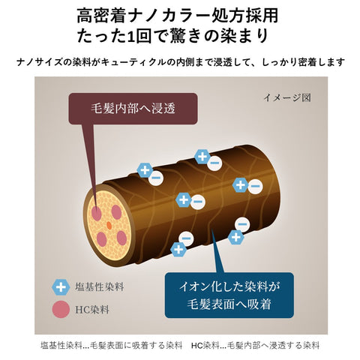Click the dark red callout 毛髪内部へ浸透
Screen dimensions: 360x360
coord(133,109)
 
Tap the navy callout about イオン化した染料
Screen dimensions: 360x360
coord(229,295)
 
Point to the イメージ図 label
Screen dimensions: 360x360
coord(287,97)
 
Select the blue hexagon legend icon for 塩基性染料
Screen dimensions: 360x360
coord(61,287)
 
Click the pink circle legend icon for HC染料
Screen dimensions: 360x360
coord(61,310)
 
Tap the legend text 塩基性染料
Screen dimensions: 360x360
coord(100,286)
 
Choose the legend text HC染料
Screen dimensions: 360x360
coord(92,310)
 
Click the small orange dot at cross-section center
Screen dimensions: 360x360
coord(109,225)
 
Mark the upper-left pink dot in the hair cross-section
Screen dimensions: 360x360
coord(97,214)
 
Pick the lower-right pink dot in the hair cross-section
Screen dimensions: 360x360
coord(121,238)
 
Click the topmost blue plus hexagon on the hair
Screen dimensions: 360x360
coord(202,157)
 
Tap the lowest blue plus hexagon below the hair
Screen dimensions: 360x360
coord(178,250)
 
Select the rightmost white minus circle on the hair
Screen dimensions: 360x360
coord(255,186)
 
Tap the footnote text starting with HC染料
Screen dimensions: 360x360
coord(256,346)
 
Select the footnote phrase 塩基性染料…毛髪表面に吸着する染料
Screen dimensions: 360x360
coord(111,346)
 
